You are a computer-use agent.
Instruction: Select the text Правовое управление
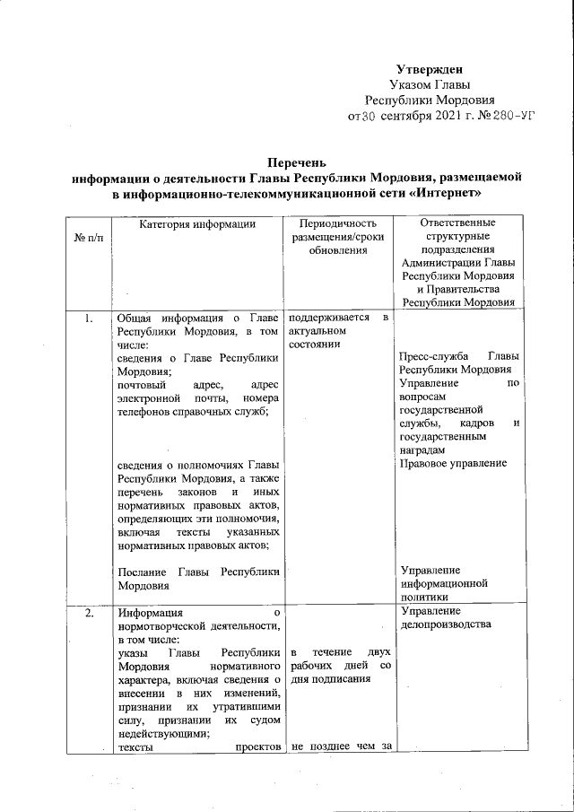[x=453, y=463]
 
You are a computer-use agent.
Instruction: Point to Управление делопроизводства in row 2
[x=445, y=619]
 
